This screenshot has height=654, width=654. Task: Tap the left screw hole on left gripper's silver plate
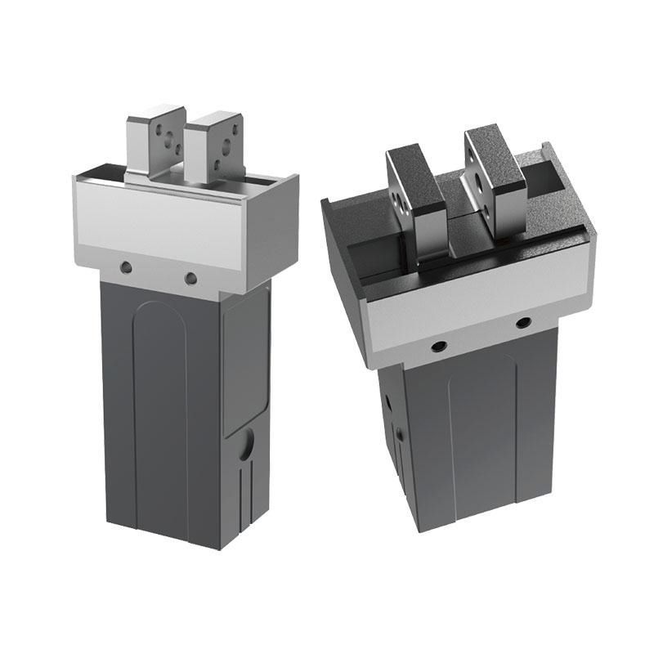125,267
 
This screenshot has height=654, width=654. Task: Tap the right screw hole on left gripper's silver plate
191,279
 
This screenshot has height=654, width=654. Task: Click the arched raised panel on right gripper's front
482,425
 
